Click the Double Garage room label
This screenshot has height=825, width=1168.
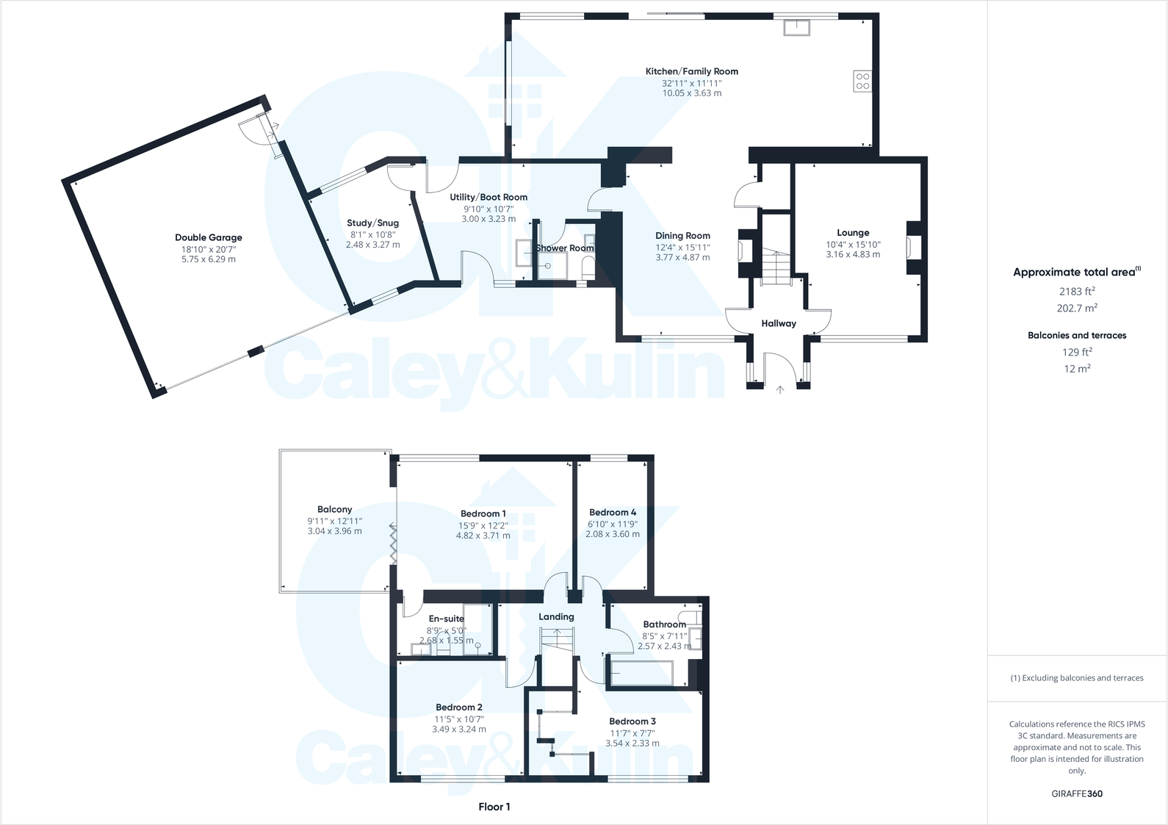click(x=208, y=237)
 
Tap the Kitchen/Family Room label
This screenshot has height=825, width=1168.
click(x=691, y=71)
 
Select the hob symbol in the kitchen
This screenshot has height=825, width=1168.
click(x=862, y=81)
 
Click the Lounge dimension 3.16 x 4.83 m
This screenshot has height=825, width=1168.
click(x=852, y=254)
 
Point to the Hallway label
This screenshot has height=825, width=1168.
click(x=778, y=323)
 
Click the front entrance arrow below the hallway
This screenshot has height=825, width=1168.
click(x=779, y=389)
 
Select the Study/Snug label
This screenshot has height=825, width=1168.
click(x=372, y=223)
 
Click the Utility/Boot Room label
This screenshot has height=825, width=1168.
click(x=489, y=197)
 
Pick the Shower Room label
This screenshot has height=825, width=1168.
click(x=564, y=248)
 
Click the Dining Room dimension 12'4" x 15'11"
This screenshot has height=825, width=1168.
click(x=682, y=247)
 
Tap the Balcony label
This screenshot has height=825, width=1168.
click(x=334, y=509)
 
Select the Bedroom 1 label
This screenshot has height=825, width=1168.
click(x=483, y=514)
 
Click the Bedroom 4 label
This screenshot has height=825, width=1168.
click(x=612, y=512)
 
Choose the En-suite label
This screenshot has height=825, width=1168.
click(x=446, y=619)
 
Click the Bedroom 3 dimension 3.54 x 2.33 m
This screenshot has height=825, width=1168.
click(x=632, y=743)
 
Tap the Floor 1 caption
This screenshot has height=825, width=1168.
click(x=494, y=807)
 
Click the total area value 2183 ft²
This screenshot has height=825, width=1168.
click(x=1075, y=292)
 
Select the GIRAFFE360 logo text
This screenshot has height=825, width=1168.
click(x=1076, y=793)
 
